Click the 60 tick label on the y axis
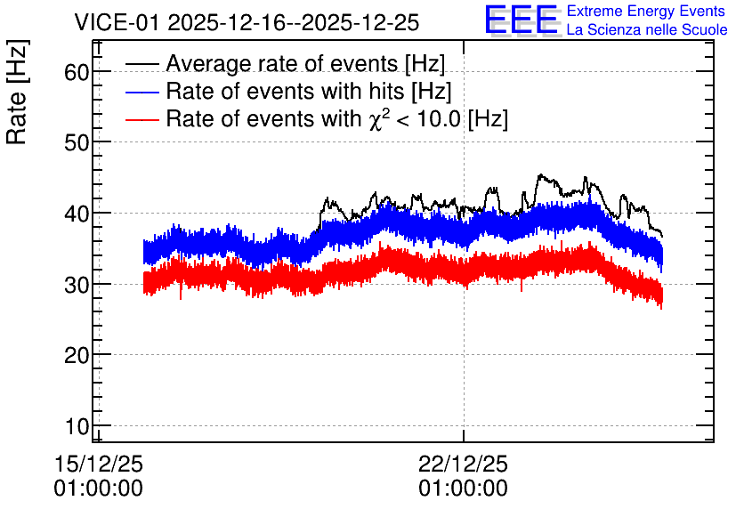tap(77, 73)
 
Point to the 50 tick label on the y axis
tap(77, 142)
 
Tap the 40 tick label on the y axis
tap(77, 214)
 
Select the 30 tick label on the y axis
tap(77, 285)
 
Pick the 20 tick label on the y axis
tap(77, 355)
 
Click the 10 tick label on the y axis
tap(77, 426)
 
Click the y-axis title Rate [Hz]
tap(17, 92)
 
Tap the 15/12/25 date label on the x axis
tap(99, 464)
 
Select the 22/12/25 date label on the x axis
tap(463, 464)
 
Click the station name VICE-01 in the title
tap(117, 22)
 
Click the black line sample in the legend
tap(142, 64)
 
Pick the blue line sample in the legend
tap(142, 92)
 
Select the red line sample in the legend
tap(142, 119)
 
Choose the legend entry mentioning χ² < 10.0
tap(337, 118)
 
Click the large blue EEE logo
tap(522, 20)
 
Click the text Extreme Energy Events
tap(646, 11)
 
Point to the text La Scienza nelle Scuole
tap(647, 30)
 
